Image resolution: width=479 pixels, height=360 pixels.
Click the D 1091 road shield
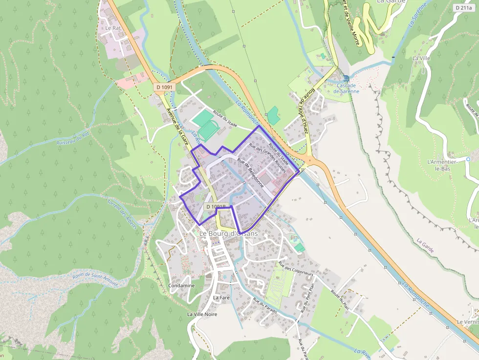click(x=164, y=87)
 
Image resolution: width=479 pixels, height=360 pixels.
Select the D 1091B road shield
click(x=215, y=207)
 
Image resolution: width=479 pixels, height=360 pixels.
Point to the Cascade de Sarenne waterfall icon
click(x=347, y=78)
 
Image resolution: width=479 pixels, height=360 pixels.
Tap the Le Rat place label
click(x=113, y=28)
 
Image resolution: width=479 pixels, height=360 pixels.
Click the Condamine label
click(x=181, y=285)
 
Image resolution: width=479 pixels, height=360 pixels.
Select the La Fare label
click(x=221, y=297)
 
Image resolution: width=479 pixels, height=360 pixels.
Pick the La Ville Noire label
click(x=202, y=314)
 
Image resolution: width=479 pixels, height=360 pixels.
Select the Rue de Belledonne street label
click(x=251, y=173)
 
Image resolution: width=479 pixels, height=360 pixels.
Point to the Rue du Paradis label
click(x=265, y=305)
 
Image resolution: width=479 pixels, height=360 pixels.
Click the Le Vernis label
click(x=467, y=322)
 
